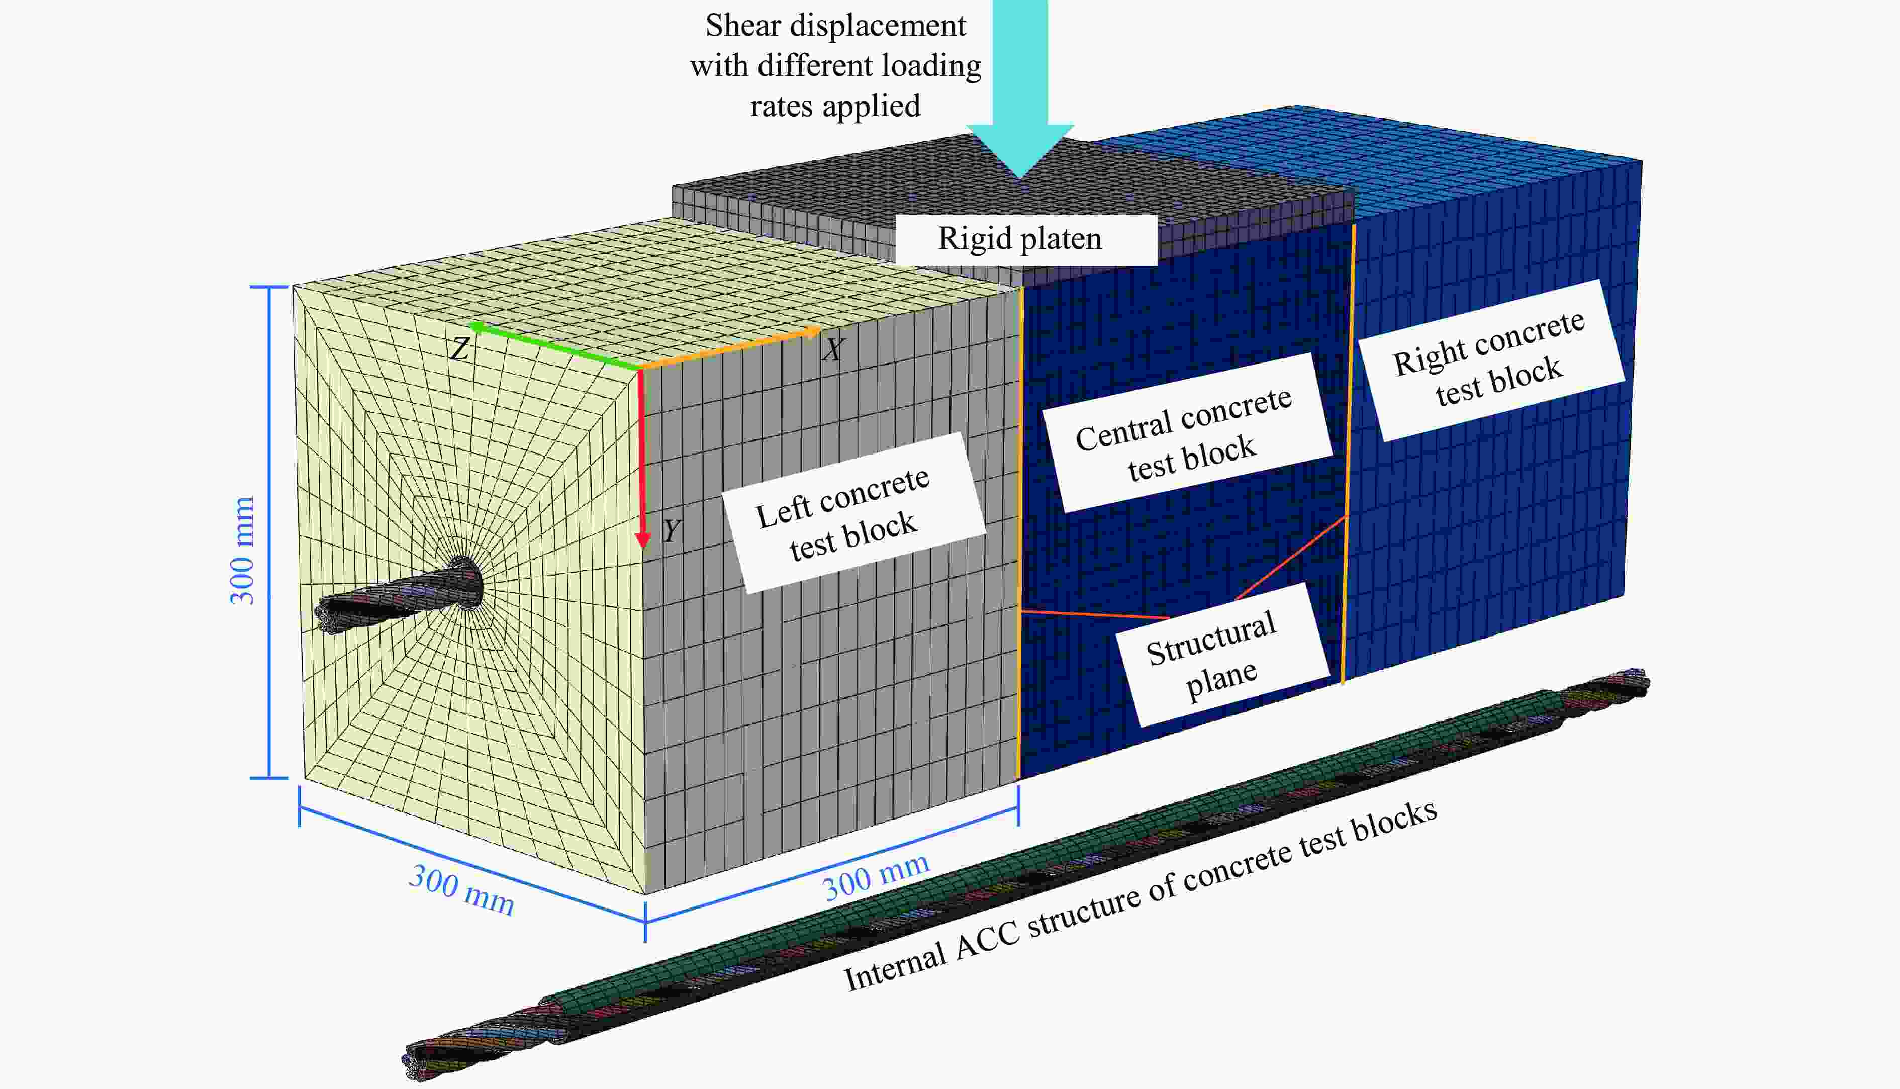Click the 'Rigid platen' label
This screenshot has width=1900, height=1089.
1020,239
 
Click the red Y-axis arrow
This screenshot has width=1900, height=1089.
641,458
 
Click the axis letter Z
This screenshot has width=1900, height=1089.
460,348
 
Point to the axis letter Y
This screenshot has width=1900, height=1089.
671,530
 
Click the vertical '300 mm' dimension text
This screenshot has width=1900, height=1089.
241,551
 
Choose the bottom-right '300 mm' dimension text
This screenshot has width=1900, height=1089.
876,877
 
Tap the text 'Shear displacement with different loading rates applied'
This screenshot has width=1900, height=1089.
835,66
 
